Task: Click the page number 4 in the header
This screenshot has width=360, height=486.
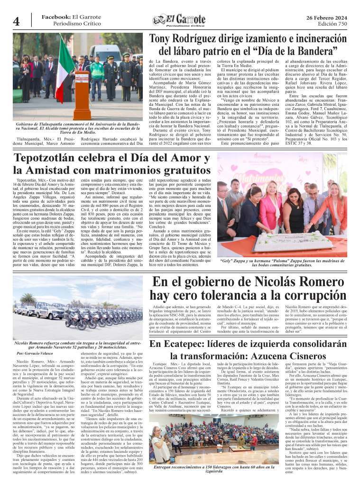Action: click(16, 21)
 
